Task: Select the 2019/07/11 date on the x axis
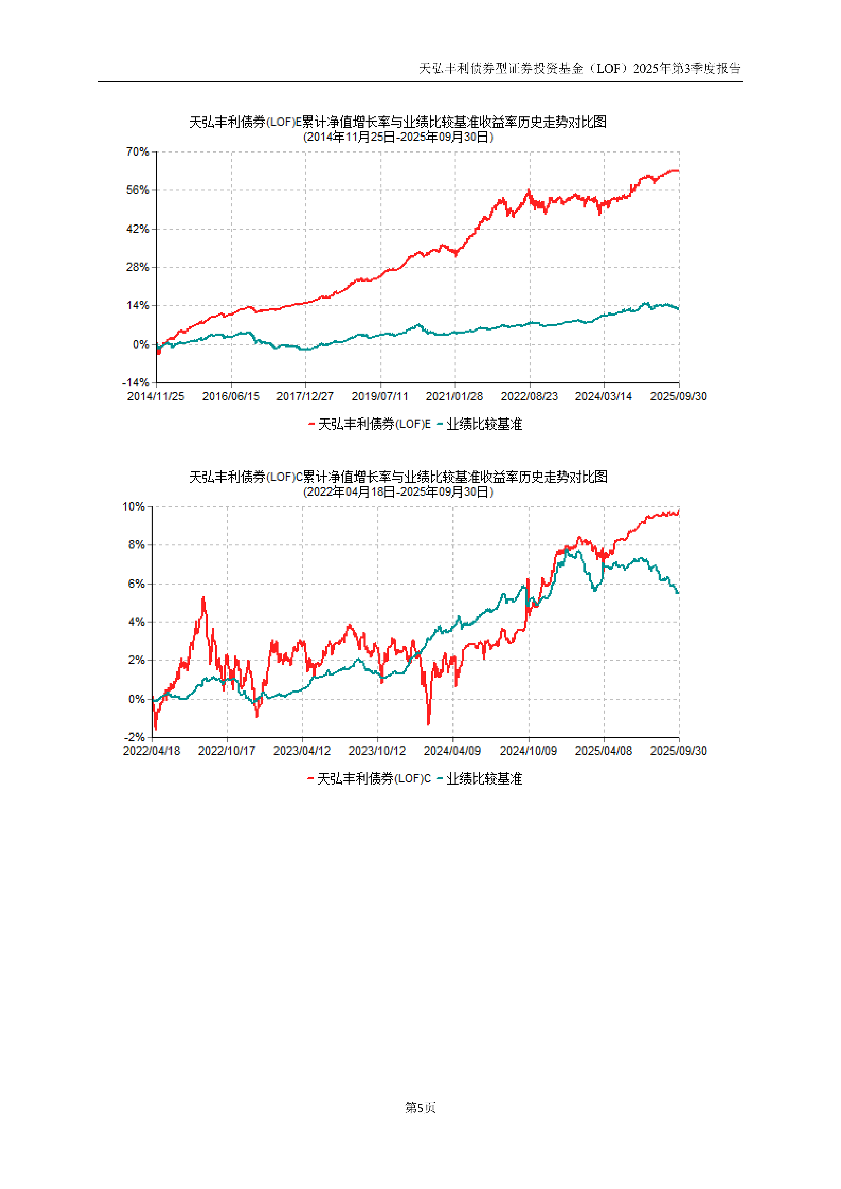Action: pyautogui.click(x=380, y=396)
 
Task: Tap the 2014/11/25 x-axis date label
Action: pyautogui.click(x=155, y=396)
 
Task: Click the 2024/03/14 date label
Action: pyautogui.click(x=603, y=396)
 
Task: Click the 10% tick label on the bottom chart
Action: pyautogui.click(x=134, y=507)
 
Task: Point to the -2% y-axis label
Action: pyautogui.click(x=134, y=737)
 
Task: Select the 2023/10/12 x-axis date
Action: pyautogui.click(x=377, y=751)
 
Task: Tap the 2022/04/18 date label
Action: pyautogui.click(x=151, y=751)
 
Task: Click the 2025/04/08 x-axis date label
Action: pyautogui.click(x=603, y=751)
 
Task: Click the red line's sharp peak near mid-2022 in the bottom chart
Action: pyautogui.click(x=203, y=598)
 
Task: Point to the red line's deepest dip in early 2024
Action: pyautogui.click(x=428, y=723)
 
